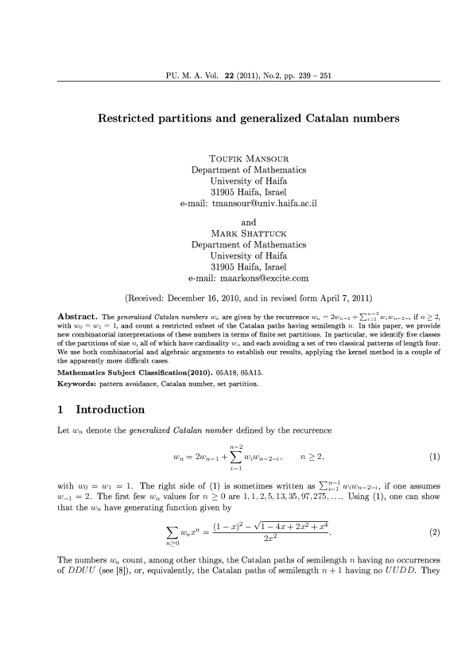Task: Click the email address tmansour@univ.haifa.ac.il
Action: coord(260,203)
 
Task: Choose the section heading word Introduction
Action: coord(110,411)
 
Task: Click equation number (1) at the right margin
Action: coord(434,458)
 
